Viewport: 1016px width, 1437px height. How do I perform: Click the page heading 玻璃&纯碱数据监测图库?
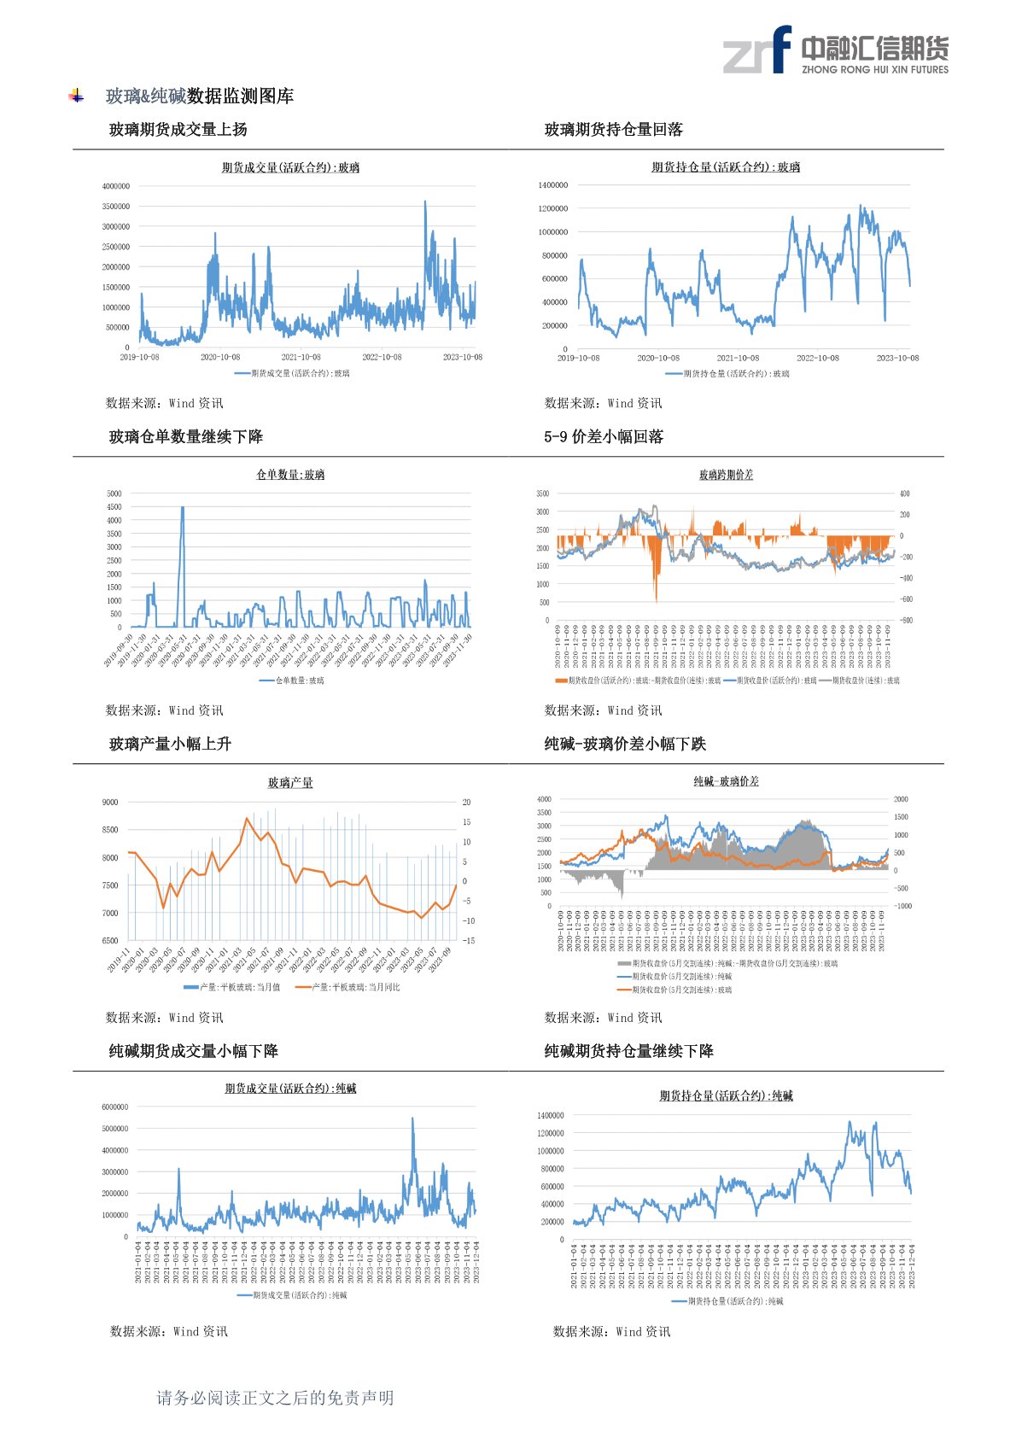(199, 96)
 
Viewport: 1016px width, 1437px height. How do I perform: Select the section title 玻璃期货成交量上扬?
(178, 129)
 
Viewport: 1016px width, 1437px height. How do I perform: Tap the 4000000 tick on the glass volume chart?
(116, 186)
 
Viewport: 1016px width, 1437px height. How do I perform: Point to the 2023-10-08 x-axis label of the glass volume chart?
(462, 357)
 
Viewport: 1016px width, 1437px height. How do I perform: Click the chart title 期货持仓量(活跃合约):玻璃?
(726, 167)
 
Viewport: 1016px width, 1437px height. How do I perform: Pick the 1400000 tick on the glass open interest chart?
(552, 185)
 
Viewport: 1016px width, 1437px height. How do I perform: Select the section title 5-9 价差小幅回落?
(603, 436)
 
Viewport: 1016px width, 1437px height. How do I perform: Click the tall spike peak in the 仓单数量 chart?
(182, 508)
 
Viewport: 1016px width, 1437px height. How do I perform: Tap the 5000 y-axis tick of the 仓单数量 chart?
(114, 494)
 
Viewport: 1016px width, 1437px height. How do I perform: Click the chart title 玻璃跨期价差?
(726, 475)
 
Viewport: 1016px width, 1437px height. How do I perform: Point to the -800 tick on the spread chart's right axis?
(906, 621)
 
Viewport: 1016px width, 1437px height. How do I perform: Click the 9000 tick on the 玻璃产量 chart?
(110, 803)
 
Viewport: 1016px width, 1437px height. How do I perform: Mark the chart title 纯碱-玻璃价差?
(726, 781)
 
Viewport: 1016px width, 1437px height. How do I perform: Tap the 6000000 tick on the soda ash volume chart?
(114, 1107)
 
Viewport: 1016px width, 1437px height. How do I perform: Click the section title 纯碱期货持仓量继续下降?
(628, 1051)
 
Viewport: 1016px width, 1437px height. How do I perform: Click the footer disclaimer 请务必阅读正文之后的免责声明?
(275, 1398)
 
